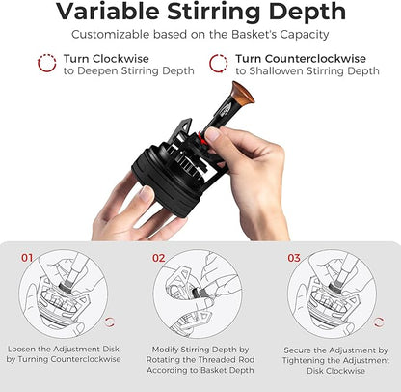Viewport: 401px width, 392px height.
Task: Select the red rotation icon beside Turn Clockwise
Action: pos(45,64)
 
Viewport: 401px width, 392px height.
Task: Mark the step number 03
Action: pos(294,259)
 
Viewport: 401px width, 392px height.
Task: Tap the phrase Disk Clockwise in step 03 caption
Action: pos(335,374)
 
